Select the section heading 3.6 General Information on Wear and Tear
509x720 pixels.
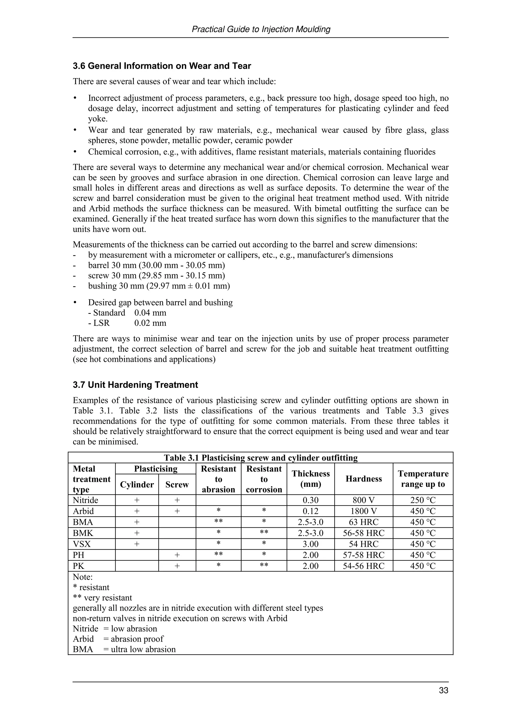(162, 66)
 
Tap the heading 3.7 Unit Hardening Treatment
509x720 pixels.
(135, 385)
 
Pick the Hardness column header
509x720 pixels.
(363, 479)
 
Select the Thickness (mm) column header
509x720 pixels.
(310, 479)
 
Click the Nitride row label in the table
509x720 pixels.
(85, 500)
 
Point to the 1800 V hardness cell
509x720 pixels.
(363, 511)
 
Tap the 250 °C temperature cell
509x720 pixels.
(423, 500)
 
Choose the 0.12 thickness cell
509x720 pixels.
(310, 511)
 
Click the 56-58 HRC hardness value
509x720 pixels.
(363, 533)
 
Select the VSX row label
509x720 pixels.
(82, 544)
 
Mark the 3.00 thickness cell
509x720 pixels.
(310, 544)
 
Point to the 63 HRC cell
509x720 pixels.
(363, 522)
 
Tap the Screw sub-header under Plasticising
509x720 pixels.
(177, 484)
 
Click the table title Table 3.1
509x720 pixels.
(260, 458)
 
